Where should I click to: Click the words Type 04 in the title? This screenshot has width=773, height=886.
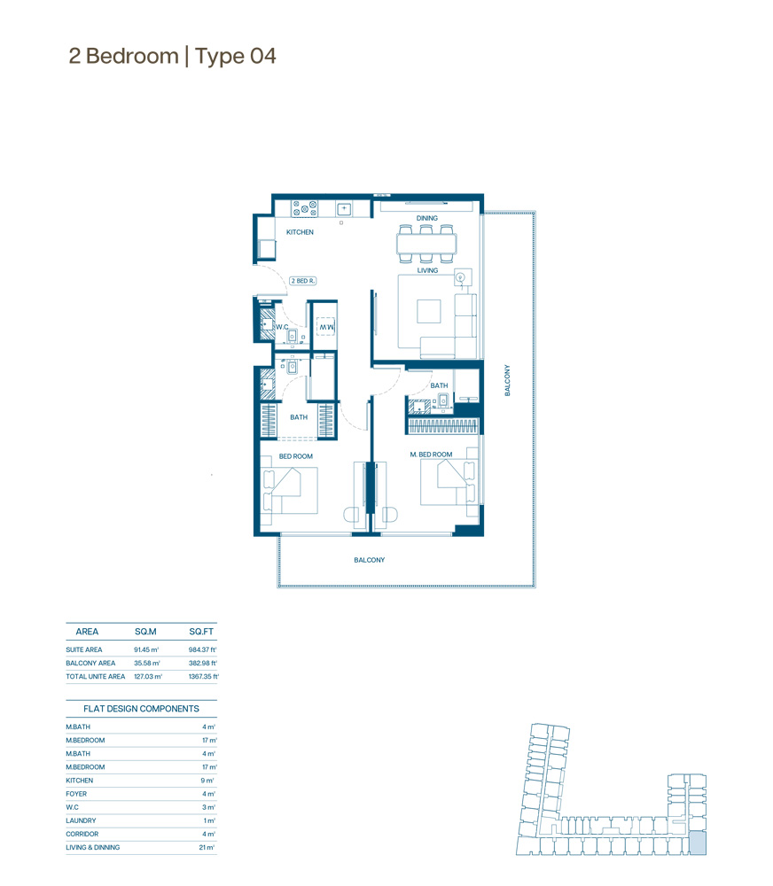tap(235, 57)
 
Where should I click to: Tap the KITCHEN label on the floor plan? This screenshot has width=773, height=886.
tap(300, 232)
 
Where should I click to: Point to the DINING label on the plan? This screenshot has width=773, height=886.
tap(427, 218)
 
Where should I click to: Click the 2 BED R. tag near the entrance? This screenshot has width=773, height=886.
tap(303, 281)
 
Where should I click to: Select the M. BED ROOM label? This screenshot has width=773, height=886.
tap(431, 455)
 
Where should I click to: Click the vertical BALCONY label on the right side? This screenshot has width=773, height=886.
tap(507, 380)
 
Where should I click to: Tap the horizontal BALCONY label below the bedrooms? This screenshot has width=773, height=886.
tap(370, 560)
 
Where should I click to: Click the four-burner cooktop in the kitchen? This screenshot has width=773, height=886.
tap(304, 208)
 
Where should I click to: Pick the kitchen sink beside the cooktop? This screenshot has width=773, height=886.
tap(344, 209)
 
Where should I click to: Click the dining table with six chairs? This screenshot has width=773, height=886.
tap(426, 245)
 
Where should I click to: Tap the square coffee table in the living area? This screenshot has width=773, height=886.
tap(429, 311)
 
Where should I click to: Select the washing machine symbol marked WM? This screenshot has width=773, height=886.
tap(325, 327)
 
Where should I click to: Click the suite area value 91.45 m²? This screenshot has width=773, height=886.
tap(146, 649)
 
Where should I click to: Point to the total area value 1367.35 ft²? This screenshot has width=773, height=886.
tap(204, 676)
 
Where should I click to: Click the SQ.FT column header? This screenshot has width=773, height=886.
tap(201, 632)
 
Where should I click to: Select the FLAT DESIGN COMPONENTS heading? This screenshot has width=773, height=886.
tap(141, 709)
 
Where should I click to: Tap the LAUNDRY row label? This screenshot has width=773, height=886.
tap(81, 820)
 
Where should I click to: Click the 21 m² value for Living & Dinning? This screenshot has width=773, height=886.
tap(207, 848)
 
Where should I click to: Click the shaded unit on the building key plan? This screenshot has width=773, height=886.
tap(698, 843)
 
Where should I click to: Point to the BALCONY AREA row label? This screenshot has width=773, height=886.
tap(90, 664)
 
